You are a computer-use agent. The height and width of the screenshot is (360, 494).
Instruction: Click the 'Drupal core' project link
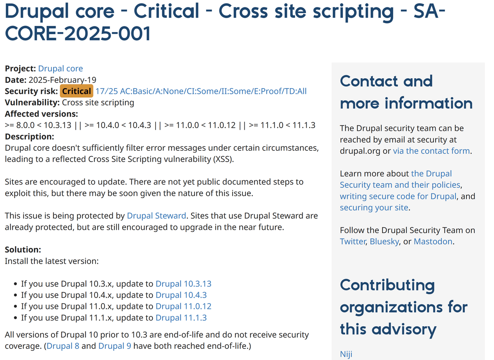tap(60, 69)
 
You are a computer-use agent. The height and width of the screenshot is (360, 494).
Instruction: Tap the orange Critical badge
tap(76, 91)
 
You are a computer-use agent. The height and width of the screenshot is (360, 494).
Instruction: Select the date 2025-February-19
tap(62, 80)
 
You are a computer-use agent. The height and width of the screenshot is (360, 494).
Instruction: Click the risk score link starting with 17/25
tap(201, 91)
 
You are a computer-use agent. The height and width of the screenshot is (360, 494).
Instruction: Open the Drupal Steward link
tap(156, 215)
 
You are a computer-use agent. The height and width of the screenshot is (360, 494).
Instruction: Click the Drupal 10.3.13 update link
tap(183, 284)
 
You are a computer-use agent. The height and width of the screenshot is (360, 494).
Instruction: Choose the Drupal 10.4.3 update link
tap(181, 295)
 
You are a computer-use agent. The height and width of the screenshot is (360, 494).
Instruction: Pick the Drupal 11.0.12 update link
tap(183, 306)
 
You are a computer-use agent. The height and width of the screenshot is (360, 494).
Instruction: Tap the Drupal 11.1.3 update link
tap(181, 318)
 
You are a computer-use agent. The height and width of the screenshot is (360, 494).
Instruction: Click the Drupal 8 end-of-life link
tap(63, 346)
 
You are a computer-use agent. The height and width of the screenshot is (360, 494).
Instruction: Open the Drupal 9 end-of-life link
tap(115, 346)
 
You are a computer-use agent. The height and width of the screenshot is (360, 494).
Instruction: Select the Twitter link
tap(352, 241)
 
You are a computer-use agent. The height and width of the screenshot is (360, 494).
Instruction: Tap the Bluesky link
tap(384, 241)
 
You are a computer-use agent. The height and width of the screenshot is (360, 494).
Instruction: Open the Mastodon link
tap(433, 241)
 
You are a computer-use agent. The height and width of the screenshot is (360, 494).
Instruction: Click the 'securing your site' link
tap(374, 208)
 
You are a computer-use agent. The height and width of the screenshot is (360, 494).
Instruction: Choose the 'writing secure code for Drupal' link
tap(398, 196)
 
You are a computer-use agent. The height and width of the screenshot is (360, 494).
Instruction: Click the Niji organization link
tap(346, 354)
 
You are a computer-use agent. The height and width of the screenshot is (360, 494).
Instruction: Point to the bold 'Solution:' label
tap(23, 250)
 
